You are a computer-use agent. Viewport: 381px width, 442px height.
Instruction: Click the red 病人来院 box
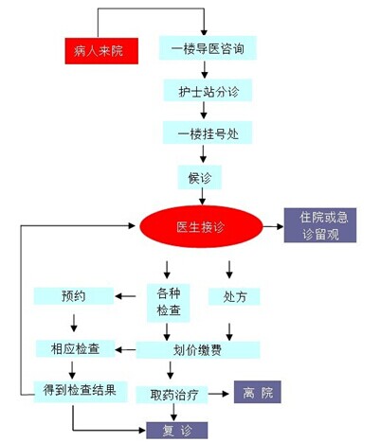click(x=101, y=51)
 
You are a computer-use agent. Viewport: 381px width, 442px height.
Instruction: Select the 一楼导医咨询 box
click(x=208, y=48)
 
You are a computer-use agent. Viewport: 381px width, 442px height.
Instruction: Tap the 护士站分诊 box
click(x=208, y=91)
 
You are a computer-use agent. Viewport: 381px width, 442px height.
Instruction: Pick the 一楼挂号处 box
click(x=208, y=133)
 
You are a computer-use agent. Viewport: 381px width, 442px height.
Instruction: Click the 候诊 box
click(x=200, y=178)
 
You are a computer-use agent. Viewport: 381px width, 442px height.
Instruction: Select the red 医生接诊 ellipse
click(x=201, y=226)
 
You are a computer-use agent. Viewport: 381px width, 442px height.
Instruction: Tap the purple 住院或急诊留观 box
click(x=320, y=225)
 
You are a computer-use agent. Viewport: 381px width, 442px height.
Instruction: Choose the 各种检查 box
click(x=169, y=303)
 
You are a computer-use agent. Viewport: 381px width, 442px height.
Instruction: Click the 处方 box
click(x=234, y=296)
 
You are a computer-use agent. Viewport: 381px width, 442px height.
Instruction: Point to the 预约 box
click(x=74, y=296)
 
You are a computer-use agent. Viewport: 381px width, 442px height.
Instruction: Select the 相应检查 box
click(x=75, y=348)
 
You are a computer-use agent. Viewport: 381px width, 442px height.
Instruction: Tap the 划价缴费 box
click(x=198, y=349)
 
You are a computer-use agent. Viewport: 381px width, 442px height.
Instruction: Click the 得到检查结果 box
click(x=81, y=392)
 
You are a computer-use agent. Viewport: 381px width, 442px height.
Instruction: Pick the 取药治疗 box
click(x=172, y=395)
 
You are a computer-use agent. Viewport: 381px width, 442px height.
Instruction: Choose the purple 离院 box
click(x=258, y=392)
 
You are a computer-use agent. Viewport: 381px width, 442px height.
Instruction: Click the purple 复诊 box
click(x=177, y=431)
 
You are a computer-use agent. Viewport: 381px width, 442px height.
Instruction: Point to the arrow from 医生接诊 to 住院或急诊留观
click(x=273, y=226)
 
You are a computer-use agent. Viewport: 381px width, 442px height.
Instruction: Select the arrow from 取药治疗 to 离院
click(x=219, y=394)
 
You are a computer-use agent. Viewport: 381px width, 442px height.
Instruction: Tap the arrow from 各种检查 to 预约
click(x=125, y=296)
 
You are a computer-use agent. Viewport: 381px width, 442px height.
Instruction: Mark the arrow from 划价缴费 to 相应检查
click(x=125, y=349)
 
